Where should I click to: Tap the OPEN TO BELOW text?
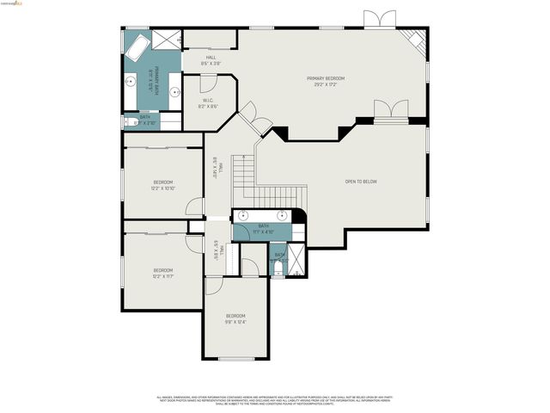[361, 182]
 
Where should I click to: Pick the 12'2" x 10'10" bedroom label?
[164, 185]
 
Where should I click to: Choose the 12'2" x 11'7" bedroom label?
[164, 272]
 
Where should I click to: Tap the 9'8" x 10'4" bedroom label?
[235, 319]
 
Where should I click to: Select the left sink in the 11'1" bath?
[243, 215]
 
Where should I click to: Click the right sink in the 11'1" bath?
[283, 215]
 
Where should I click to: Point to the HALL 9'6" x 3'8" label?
[211, 60]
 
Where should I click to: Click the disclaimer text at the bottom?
[274, 401]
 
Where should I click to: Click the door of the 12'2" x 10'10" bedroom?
[195, 207]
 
